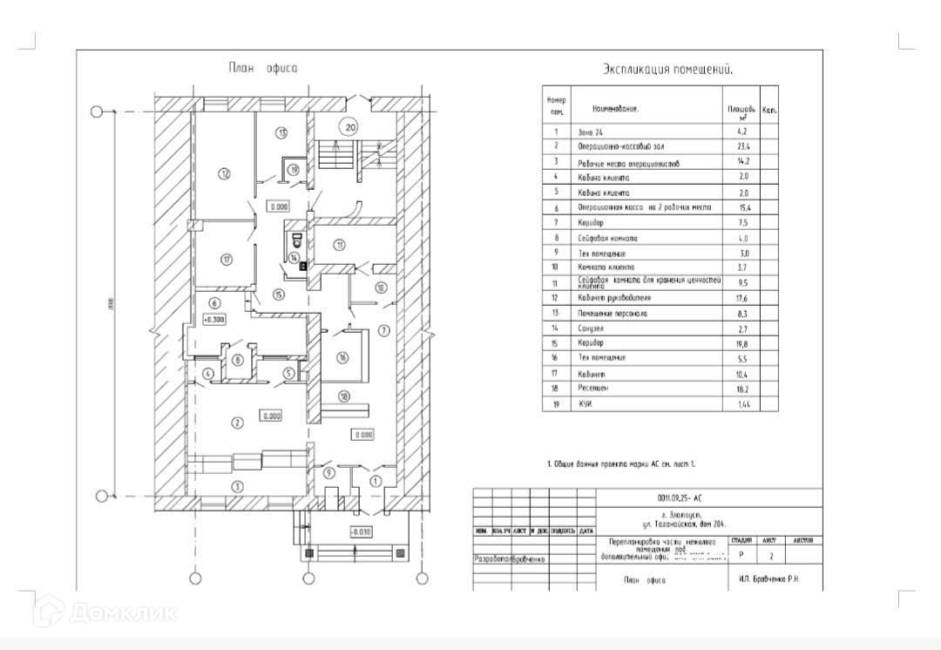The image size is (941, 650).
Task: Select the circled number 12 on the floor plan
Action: [x=224, y=174]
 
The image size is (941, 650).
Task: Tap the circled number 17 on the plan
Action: [x=226, y=259]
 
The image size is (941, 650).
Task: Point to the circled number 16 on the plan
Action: [x=342, y=357]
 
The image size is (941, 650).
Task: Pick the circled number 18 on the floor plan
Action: [x=344, y=396]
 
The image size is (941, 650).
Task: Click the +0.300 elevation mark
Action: [x=214, y=320]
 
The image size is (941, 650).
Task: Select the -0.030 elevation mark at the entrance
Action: [x=360, y=531]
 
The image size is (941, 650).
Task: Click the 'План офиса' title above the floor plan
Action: [x=262, y=68]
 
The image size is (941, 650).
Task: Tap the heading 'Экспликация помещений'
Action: [x=667, y=70]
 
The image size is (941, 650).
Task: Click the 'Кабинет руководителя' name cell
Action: [x=614, y=298]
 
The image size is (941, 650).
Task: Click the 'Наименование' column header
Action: [x=615, y=110]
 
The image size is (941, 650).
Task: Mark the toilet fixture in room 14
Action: [x=295, y=238]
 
